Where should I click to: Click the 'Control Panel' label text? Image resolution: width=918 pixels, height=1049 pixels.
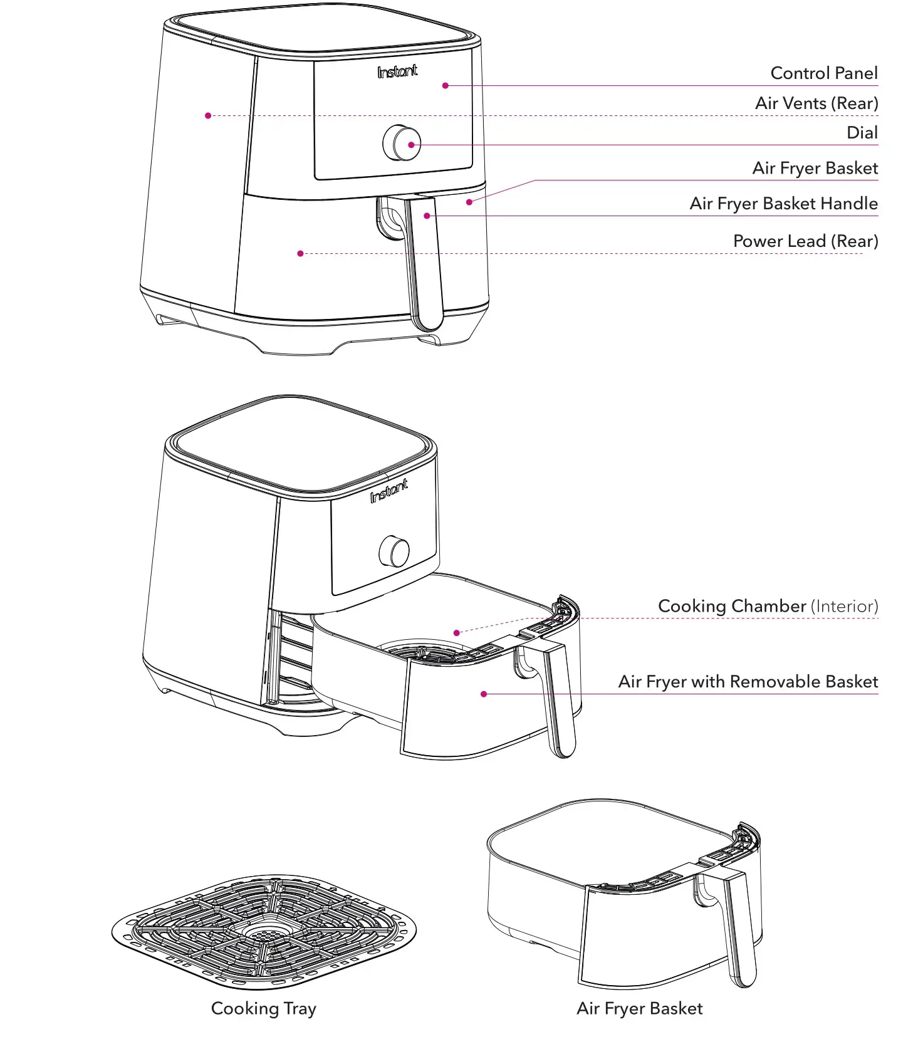(x=823, y=73)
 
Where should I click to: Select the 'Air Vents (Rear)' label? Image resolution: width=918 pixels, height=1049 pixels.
(x=816, y=103)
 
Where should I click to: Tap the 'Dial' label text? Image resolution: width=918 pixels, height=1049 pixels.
(x=862, y=133)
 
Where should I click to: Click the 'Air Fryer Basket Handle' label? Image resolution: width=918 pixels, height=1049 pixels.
(x=783, y=204)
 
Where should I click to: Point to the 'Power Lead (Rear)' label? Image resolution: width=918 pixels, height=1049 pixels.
(x=805, y=241)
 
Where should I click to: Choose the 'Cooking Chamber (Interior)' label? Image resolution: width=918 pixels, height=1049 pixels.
(x=768, y=607)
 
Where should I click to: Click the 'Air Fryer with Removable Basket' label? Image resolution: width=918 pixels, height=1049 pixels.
(x=748, y=682)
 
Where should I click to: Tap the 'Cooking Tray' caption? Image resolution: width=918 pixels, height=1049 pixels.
(x=263, y=1008)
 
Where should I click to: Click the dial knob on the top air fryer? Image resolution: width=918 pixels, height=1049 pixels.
(x=402, y=143)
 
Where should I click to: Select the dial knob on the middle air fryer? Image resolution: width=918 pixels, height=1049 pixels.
(x=395, y=552)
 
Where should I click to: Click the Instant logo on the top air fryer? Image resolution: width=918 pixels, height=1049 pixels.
(x=397, y=72)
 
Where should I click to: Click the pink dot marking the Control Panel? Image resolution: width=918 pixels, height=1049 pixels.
(x=446, y=86)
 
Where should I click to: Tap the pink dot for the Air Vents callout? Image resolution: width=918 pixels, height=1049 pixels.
(x=208, y=115)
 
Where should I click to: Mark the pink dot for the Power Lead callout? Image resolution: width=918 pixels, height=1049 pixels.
(x=301, y=254)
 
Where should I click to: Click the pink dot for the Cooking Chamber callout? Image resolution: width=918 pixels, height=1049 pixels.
(x=457, y=633)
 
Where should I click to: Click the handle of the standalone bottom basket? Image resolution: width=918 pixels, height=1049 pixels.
(x=739, y=927)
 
